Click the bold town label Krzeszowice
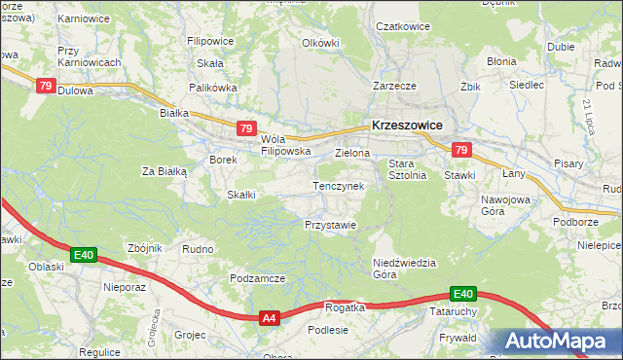(407, 126)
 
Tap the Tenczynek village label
(338, 185)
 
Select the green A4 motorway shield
(270, 317)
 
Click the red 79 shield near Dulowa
(46, 86)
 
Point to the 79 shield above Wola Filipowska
(246, 128)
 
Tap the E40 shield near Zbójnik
(84, 256)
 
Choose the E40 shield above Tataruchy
(462, 294)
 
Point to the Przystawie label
(330, 224)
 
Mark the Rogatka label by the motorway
(345, 306)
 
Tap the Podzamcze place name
(257, 278)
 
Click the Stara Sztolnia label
(408, 169)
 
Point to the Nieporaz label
(124, 288)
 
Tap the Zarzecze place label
(395, 86)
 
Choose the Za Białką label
(164, 171)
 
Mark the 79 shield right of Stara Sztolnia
(461, 150)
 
